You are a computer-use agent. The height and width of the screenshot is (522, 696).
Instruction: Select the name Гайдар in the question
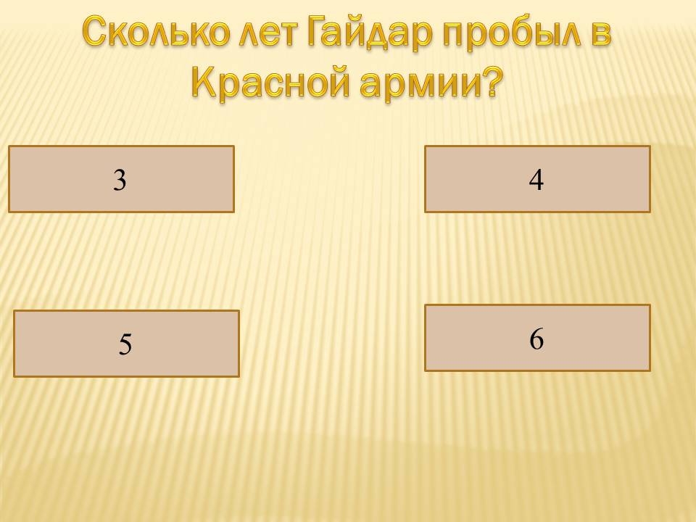pyautogui.click(x=368, y=33)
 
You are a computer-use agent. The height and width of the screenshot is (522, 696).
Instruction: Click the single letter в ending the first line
pyautogui.click(x=600, y=34)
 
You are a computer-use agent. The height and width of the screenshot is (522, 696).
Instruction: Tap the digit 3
pyautogui.click(x=120, y=181)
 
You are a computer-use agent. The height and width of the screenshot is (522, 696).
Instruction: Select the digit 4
pyautogui.click(x=536, y=181)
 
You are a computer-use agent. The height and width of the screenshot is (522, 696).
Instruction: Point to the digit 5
pyautogui.click(x=125, y=344)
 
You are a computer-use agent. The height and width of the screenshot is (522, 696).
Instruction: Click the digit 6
pyautogui.click(x=536, y=339)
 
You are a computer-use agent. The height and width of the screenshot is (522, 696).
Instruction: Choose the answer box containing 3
pyautogui.click(x=121, y=179)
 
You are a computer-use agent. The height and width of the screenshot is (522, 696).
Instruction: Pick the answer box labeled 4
pyautogui.click(x=537, y=179)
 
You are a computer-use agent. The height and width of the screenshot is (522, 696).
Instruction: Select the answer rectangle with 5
pyautogui.click(x=126, y=344)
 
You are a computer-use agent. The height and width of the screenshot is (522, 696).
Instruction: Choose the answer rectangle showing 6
pyautogui.click(x=537, y=338)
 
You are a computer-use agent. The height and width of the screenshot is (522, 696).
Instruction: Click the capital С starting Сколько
pyautogui.click(x=96, y=31)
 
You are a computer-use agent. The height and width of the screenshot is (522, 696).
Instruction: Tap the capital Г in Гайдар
pyautogui.click(x=318, y=31)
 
